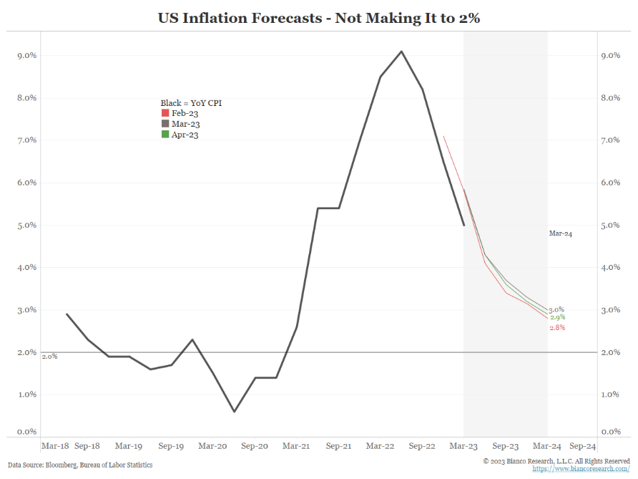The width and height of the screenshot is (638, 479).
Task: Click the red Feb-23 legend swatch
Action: coord(165,113)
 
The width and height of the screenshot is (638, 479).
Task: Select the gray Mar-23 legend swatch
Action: coord(165,124)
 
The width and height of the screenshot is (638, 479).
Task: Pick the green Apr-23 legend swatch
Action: coord(165,134)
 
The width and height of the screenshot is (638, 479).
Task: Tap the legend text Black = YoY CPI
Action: coord(191,103)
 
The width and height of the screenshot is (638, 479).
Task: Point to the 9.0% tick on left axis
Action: coord(27,55)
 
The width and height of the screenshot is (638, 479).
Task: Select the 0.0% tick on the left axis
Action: coord(27,432)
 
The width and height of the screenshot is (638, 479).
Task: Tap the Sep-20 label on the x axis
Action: coord(255,445)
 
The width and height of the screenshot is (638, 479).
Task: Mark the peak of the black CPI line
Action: coord(401,51)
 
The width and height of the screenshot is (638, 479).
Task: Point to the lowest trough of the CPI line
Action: coord(234,412)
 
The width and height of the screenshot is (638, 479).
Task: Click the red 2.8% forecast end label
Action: coord(557,328)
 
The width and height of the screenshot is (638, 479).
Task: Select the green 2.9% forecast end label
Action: coord(558,317)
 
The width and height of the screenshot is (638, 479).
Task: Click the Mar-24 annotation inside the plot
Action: coord(561,233)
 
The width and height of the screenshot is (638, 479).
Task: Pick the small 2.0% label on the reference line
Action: coord(49,356)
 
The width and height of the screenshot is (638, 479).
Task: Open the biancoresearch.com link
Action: coord(581,469)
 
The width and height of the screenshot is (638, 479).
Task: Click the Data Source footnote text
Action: coord(80,465)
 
